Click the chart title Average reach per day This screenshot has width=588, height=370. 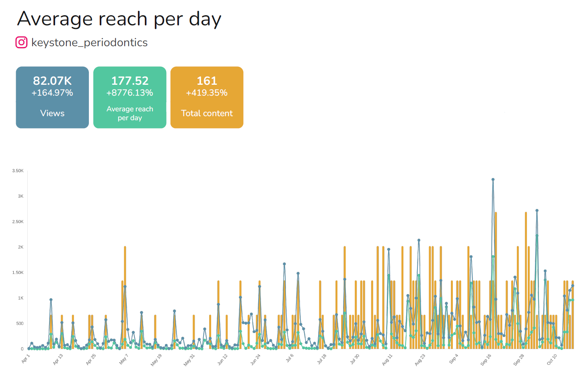[119, 19]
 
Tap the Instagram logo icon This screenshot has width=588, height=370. [21, 42]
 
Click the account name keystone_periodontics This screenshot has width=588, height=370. [89, 43]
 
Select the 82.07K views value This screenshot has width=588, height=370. [52, 81]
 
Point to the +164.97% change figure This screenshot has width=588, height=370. [52, 93]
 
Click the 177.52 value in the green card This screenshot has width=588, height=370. [130, 81]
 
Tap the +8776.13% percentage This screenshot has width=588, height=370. [130, 93]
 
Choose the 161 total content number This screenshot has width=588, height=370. [207, 81]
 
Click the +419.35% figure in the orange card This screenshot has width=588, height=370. [207, 93]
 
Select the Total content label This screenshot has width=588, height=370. [207, 113]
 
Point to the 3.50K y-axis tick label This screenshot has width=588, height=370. [18, 171]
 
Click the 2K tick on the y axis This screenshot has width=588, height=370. [21, 247]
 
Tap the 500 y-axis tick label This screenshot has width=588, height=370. [20, 323]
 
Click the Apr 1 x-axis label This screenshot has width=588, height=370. [25, 359]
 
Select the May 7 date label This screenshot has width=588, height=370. [123, 359]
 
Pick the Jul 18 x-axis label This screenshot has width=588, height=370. [321, 359]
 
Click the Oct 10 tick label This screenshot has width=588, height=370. [552, 359]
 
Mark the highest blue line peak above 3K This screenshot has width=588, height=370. [493, 180]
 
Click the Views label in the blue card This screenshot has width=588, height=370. [52, 113]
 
